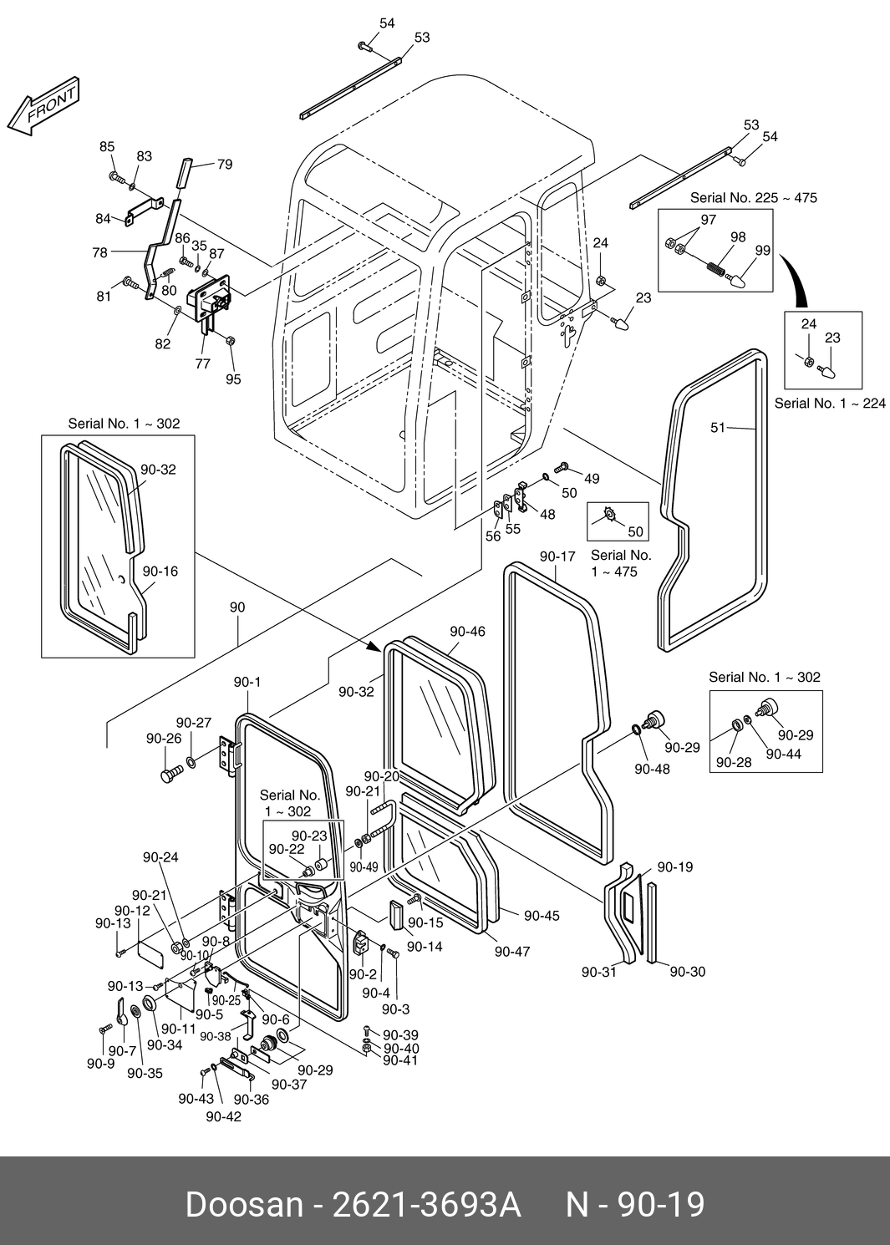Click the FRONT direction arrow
[43, 108]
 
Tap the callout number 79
[225, 165]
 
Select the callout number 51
[718, 428]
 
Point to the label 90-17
[557, 556]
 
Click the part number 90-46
[467, 632]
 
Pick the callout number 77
[202, 363]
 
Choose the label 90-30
[687, 972]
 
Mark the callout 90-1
[247, 682]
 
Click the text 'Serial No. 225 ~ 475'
[753, 198]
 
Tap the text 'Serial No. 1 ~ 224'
[829, 404]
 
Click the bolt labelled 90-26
[170, 775]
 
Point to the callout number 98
[737, 237]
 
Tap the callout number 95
[233, 379]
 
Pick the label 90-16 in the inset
[160, 572]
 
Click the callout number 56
[493, 536]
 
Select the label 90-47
[511, 951]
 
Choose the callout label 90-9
[100, 1064]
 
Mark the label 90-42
[223, 1116]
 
